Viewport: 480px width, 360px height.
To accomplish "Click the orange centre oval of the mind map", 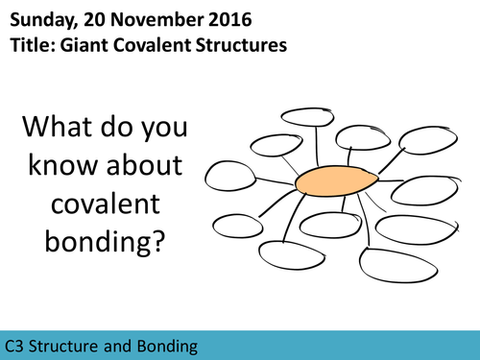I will coord(330,181).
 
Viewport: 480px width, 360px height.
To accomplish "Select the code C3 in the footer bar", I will coord(15,343).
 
